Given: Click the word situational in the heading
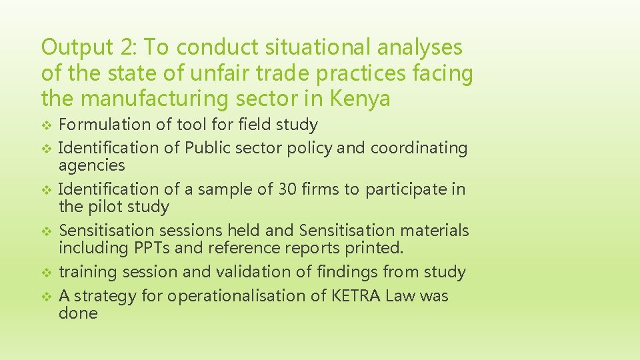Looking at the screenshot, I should [308, 47].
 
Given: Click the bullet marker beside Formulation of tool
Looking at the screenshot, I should [46, 125].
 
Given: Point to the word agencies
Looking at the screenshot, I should [92, 165].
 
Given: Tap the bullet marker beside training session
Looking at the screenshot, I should [46, 273].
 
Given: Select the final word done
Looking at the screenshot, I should [78, 313].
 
